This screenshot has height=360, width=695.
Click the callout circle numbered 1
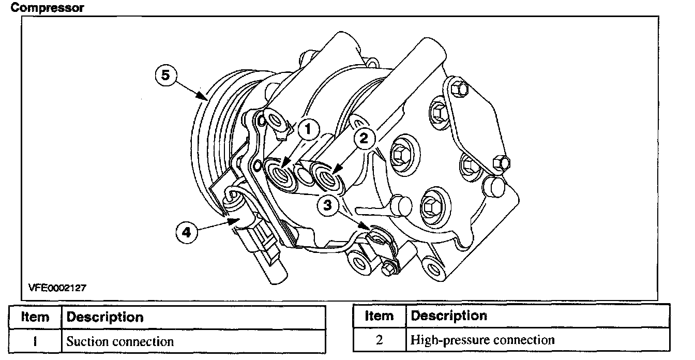click(308, 129)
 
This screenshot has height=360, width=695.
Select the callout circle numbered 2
click(364, 138)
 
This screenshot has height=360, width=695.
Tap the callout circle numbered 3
click(327, 205)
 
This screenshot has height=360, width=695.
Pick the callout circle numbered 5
click(165, 75)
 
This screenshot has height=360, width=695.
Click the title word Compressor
click(47, 8)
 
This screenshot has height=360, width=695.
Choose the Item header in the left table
click(35, 317)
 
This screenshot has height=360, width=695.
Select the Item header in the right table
click(379, 316)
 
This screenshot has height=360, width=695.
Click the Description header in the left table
click(105, 317)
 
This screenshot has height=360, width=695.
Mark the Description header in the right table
click(449, 316)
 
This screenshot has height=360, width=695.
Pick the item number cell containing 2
click(379, 340)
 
